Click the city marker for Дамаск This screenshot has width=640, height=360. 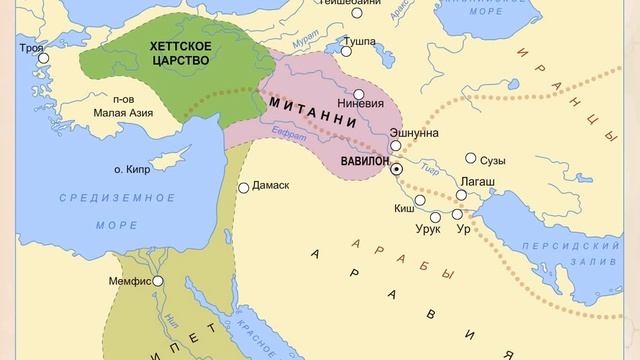coord(243,187)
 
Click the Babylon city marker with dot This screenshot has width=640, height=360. coord(396,170)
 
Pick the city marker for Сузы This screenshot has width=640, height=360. coord(470,158)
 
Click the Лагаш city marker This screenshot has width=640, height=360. coord(461,196)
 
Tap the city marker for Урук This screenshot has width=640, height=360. coord(435,217)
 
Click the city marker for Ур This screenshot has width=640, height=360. coord(457,214)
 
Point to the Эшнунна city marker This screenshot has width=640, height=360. coord(395,146)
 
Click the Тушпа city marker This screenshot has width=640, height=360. coord(346,49)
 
